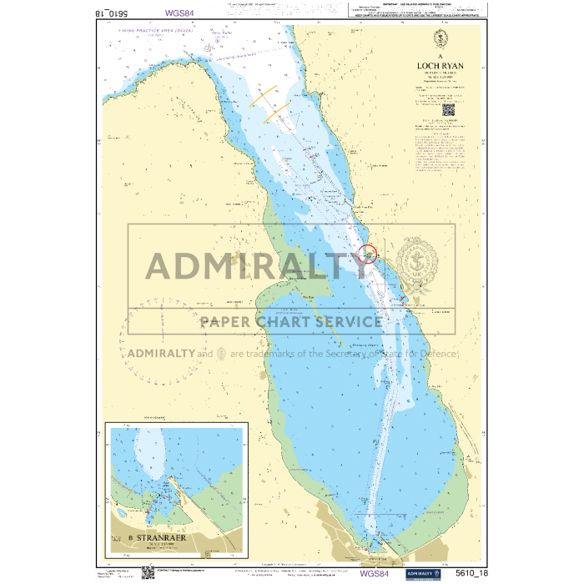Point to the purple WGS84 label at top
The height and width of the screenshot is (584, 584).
(x=179, y=13)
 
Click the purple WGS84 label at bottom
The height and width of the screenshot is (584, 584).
(x=374, y=573)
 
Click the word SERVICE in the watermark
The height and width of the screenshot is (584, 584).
(x=342, y=321)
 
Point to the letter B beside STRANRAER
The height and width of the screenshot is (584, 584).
(x=132, y=537)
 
